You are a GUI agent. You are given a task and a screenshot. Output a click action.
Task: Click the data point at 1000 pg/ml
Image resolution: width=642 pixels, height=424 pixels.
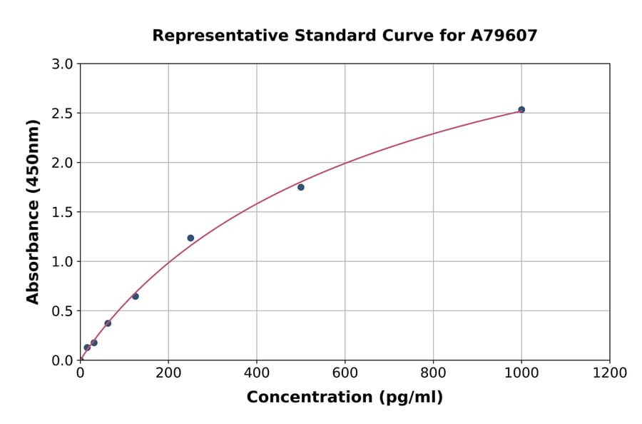521,109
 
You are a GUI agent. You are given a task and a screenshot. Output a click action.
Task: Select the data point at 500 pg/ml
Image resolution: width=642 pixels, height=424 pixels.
301,187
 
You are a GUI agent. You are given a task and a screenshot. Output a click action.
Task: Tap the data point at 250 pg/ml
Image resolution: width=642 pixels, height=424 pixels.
190,238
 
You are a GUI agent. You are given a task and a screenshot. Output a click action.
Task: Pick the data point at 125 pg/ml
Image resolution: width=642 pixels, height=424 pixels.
136,296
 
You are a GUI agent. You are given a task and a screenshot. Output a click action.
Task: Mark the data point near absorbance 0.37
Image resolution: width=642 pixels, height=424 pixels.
108,323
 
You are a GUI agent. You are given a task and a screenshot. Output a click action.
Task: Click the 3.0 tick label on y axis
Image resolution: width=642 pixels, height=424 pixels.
63,64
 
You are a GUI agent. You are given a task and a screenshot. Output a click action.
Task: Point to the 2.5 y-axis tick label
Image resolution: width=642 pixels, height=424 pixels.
63,113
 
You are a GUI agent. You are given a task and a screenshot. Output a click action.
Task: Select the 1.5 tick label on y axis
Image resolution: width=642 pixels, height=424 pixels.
63,212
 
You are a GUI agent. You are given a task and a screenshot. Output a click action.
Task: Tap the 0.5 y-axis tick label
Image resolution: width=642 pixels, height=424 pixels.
63,311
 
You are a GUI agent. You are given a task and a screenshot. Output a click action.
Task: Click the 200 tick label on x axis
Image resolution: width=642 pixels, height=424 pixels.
168,373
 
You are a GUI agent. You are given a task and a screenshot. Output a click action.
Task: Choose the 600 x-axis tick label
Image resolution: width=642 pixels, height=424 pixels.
345,373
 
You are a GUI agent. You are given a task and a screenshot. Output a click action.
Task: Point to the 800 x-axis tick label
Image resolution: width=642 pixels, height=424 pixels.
433,373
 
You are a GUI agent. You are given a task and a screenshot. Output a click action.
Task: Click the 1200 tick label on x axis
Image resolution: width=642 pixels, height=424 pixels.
610,373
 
